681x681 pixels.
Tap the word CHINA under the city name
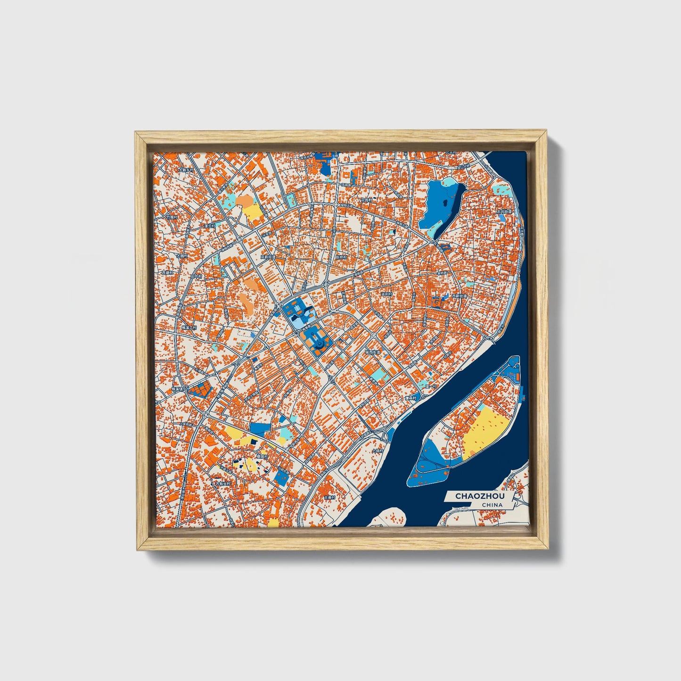(492, 505)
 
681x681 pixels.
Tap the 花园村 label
(366, 200)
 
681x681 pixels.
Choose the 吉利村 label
(386, 295)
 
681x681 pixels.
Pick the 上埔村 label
(377, 451)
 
